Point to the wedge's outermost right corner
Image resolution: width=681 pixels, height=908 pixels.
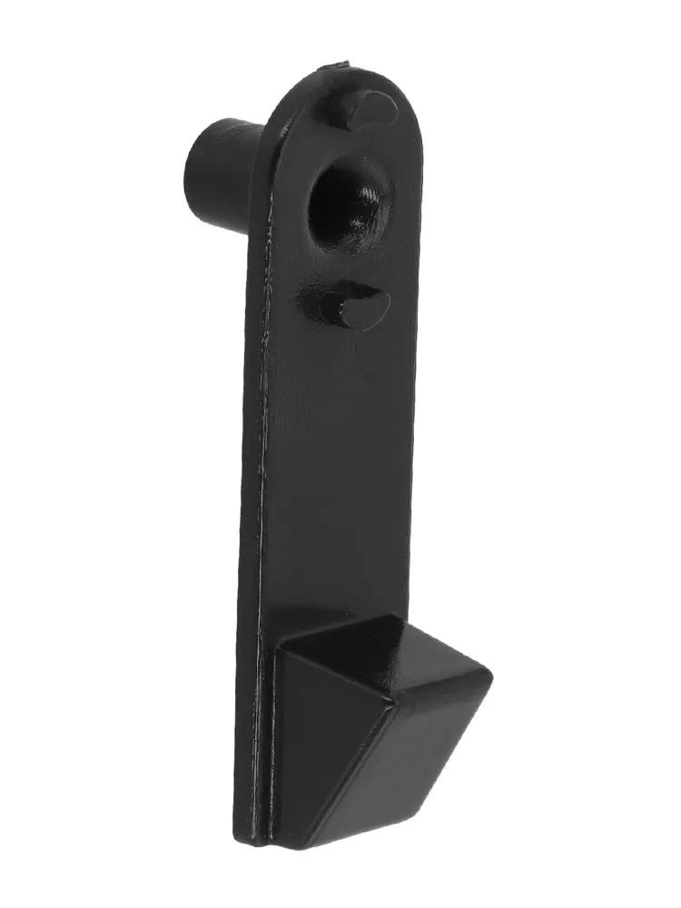click(x=491, y=676)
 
